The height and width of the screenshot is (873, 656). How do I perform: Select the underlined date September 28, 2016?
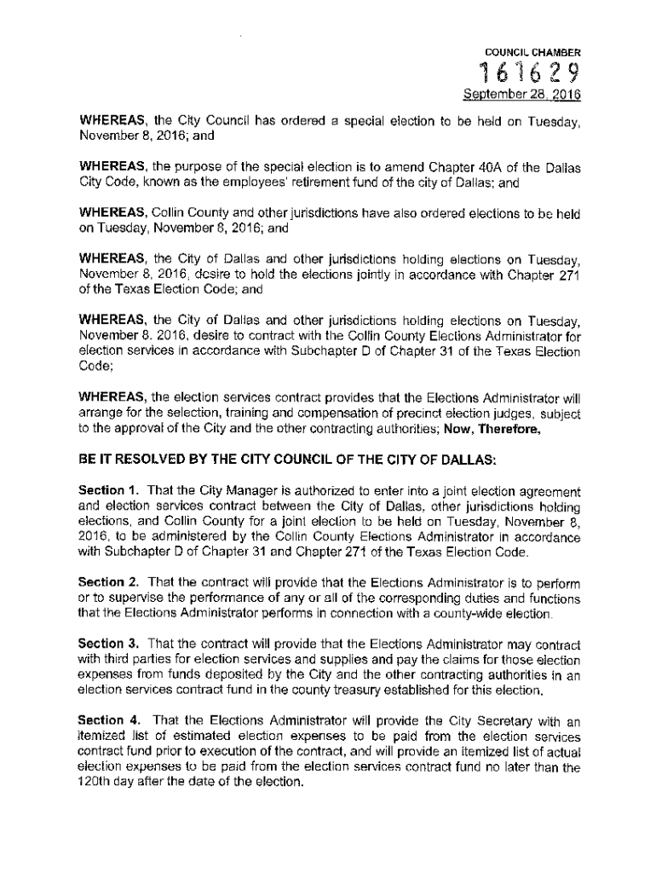[532, 96]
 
